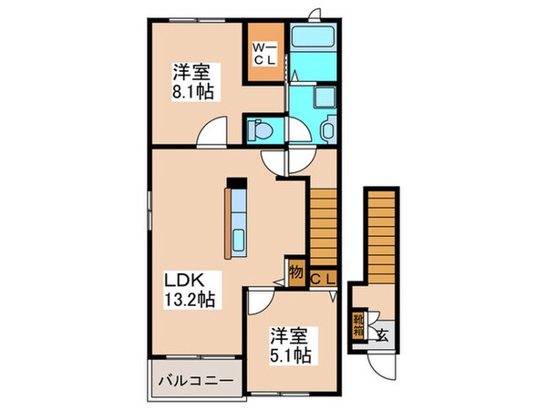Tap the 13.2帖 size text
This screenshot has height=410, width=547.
point(190,300)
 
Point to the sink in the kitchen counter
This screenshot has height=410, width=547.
point(238,241)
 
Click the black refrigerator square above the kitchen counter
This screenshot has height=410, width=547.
point(234,181)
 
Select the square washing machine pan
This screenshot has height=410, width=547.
point(325,99)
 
